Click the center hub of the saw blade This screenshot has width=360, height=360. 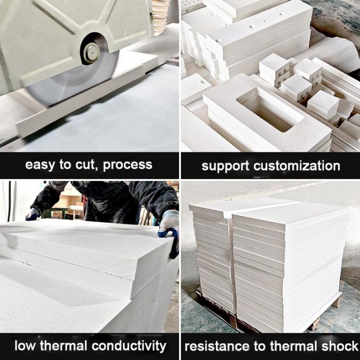[x=91, y=52]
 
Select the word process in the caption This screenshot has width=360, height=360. [x=128, y=165]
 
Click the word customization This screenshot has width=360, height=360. [x=299, y=166]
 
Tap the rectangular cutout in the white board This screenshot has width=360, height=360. [x=267, y=109]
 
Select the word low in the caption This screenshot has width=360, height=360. [x=24, y=346]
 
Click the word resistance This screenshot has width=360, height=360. [x=215, y=347]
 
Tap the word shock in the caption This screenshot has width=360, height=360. [x=337, y=347]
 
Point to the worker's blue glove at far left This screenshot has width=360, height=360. [x=33, y=214]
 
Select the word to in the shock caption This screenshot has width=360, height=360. [x=257, y=347]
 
